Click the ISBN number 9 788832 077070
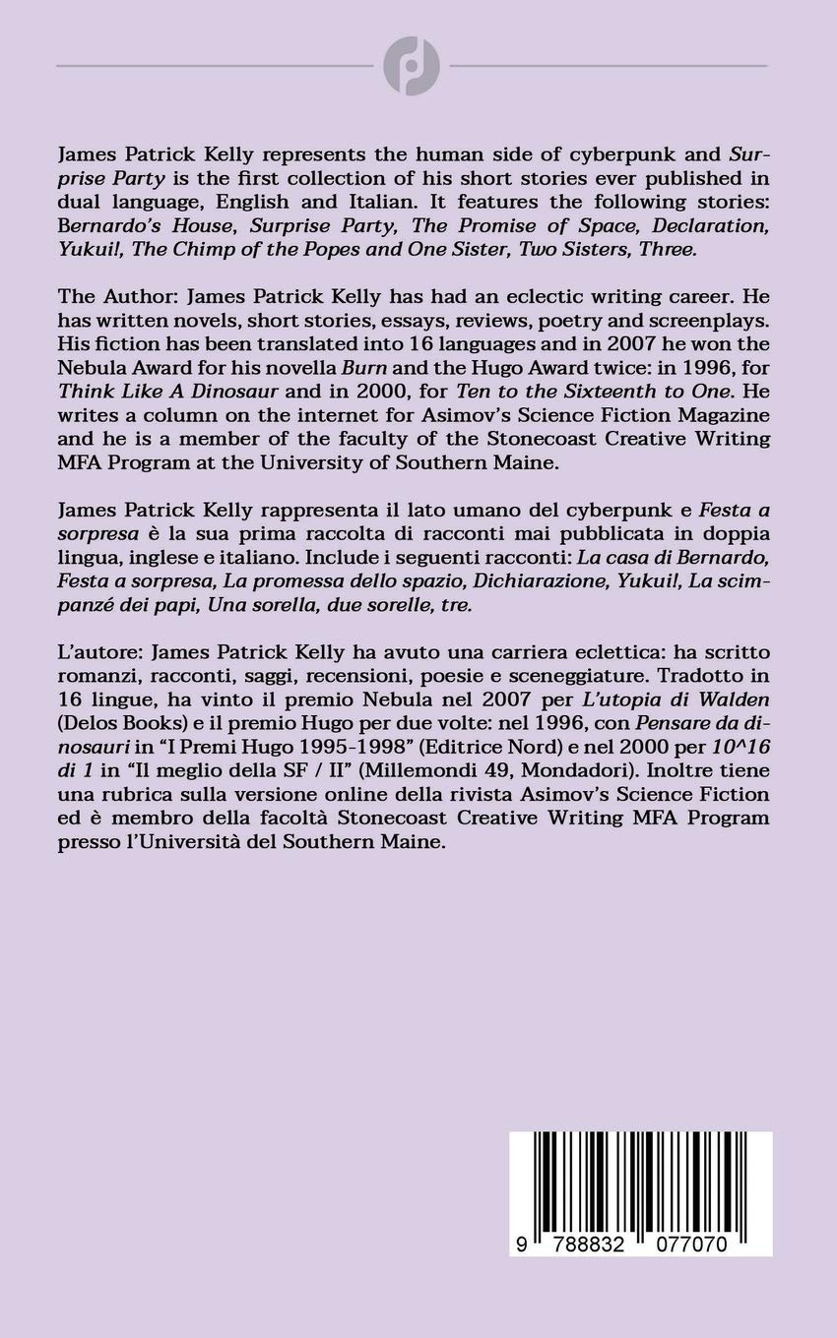coord(626,1246)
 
